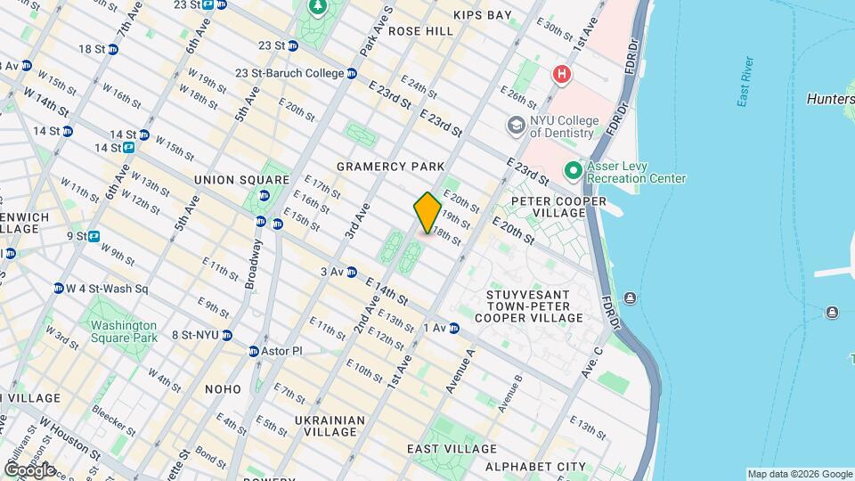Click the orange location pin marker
[427, 212]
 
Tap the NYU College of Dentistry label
[562, 126]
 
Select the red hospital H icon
[561, 75]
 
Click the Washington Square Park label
[124, 331]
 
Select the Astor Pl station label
[281, 351]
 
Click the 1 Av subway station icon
[453, 329]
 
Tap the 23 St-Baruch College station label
[289, 73]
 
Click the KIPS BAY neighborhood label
[482, 15]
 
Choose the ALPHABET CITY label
[535, 467]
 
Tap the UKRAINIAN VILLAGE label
[330, 426]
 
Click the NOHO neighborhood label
[222, 389]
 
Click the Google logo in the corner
[29, 469]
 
